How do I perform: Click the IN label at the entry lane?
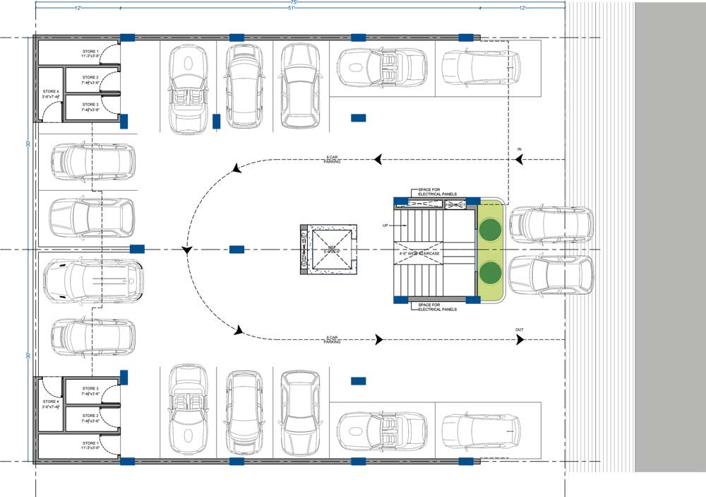click(x=520, y=150)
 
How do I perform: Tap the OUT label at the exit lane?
click(x=520, y=329)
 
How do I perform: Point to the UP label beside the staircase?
click(x=385, y=226)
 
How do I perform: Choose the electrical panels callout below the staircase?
click(x=438, y=307)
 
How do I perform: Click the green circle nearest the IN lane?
click(x=490, y=228)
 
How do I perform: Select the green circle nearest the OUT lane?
click(x=490, y=271)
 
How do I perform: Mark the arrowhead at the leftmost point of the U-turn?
click(x=187, y=250)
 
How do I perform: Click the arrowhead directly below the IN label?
click(x=520, y=160)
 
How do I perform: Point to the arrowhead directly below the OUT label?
click(x=520, y=340)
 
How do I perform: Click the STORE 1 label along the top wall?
click(x=90, y=52)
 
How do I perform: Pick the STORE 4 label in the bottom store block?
click(x=51, y=404)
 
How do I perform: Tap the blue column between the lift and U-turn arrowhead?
click(x=237, y=250)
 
